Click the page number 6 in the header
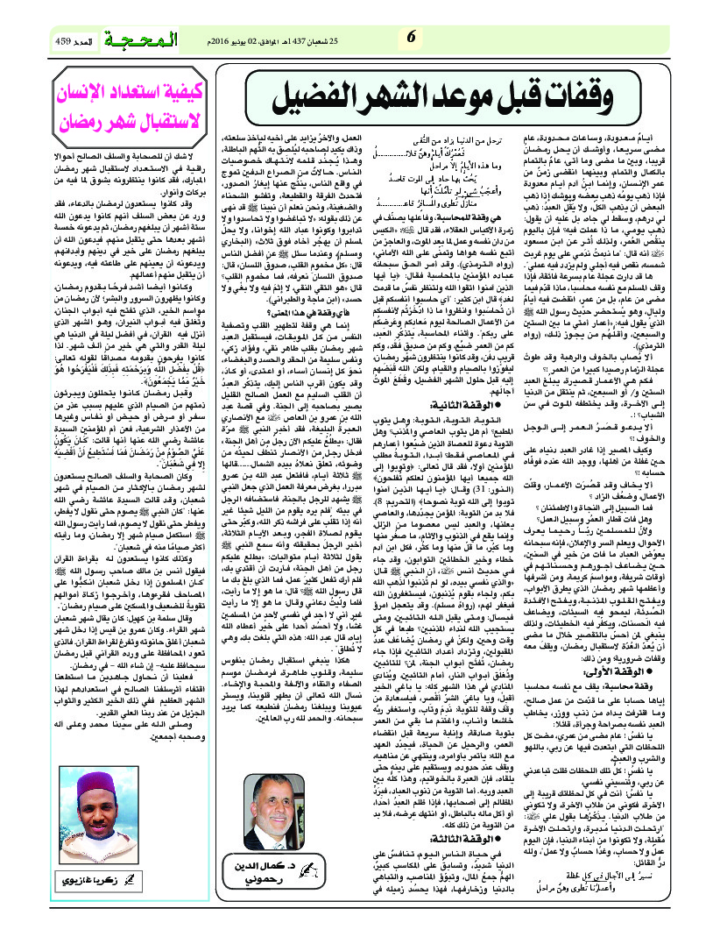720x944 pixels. click(x=410, y=37)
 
